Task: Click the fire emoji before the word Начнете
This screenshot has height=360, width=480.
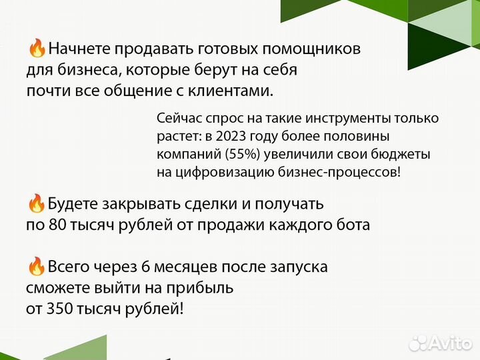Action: tap(37, 49)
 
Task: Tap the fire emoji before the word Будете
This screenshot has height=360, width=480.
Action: tap(37, 203)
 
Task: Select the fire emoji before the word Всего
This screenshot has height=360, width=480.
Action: tap(37, 267)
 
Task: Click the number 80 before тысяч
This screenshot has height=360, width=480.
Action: tap(57, 225)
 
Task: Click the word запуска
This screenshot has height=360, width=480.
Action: tap(298, 267)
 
